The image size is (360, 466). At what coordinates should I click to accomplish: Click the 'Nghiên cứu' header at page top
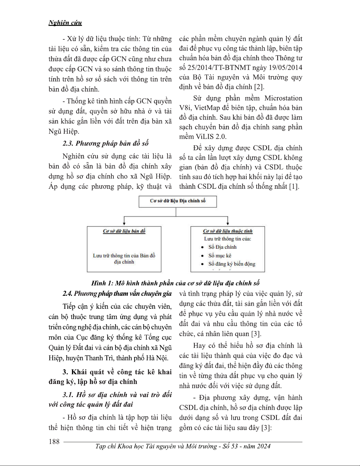(x=65, y=23)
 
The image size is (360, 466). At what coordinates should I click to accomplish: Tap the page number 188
(x=54, y=442)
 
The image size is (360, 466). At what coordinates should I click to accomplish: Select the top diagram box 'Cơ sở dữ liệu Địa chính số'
(x=178, y=201)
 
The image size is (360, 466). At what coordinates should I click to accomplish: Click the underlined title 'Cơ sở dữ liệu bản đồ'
(x=124, y=231)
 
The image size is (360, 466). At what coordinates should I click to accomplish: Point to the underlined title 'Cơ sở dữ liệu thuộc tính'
(x=227, y=231)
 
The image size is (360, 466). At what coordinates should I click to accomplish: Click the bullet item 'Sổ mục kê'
(x=220, y=255)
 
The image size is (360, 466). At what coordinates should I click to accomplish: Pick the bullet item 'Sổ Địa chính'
(x=222, y=247)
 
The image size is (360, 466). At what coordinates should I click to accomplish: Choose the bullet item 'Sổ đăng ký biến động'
(x=232, y=264)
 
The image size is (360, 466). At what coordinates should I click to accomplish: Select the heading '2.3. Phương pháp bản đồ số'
(x=106, y=143)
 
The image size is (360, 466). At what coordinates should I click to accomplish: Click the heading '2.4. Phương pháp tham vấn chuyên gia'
(x=117, y=293)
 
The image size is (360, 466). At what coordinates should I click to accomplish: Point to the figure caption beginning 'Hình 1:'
(x=175, y=283)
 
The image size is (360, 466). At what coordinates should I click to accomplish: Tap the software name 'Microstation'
(x=283, y=98)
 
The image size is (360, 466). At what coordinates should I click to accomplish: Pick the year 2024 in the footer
(x=263, y=446)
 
